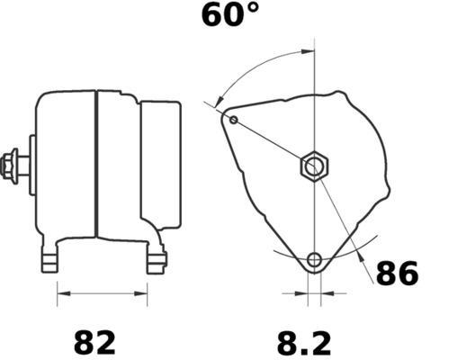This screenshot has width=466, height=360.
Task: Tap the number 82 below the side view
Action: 94,342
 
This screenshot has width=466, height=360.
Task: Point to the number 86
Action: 397,273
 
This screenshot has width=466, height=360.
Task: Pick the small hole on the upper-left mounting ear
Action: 234,119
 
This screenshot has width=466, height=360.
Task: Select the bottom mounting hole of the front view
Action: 314,261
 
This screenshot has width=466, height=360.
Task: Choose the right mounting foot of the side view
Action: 157,260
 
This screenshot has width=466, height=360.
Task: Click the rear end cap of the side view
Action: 159,166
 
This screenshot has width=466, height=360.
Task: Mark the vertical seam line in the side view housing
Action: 95,166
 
